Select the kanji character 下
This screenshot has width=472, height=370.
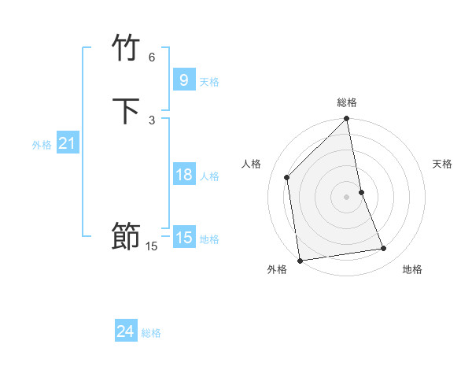[126, 112]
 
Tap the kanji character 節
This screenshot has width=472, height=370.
[126, 237]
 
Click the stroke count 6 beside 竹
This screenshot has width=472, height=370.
[152, 57]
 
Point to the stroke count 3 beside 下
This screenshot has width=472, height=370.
[152, 120]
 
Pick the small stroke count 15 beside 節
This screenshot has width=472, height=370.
[152, 246]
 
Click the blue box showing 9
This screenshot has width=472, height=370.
[183, 80]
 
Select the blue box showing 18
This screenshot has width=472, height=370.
[183, 175]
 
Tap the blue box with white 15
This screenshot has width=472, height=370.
[183, 238]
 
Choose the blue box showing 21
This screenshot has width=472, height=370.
[67, 143]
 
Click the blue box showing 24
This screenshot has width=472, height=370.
[125, 331]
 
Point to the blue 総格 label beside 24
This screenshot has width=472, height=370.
[151, 333]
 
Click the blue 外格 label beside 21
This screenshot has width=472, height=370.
[42, 145]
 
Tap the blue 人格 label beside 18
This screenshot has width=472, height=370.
[209, 176]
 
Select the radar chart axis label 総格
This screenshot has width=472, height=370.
[347, 102]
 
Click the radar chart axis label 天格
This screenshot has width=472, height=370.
[443, 164]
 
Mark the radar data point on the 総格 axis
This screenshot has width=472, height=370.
[347, 120]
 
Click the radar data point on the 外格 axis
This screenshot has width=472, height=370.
[300, 260]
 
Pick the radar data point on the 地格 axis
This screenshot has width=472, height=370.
[384, 249]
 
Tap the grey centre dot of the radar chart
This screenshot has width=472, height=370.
[347, 196]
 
